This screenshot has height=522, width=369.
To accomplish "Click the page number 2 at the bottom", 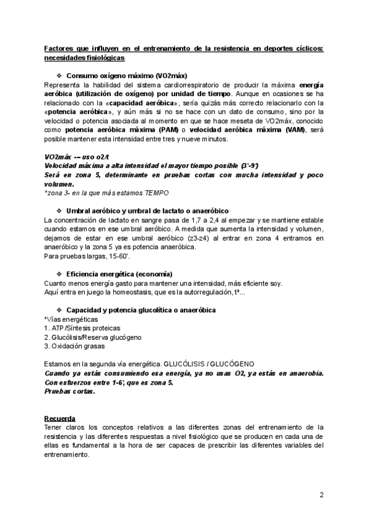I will point(321,495).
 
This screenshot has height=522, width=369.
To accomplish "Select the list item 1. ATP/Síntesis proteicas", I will point(83,328).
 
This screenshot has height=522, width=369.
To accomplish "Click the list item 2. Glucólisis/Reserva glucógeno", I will point(92,337).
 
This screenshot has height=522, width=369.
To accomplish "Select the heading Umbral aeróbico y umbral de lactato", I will point(147,211).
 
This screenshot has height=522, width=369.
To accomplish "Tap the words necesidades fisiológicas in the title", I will point(84,58).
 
